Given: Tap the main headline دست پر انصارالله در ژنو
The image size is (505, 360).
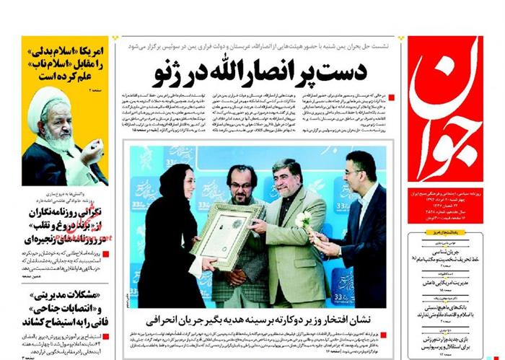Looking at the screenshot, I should (260, 72).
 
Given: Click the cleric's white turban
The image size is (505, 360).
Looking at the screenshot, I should (50, 101).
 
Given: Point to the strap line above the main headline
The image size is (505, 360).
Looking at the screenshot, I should (260, 44).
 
